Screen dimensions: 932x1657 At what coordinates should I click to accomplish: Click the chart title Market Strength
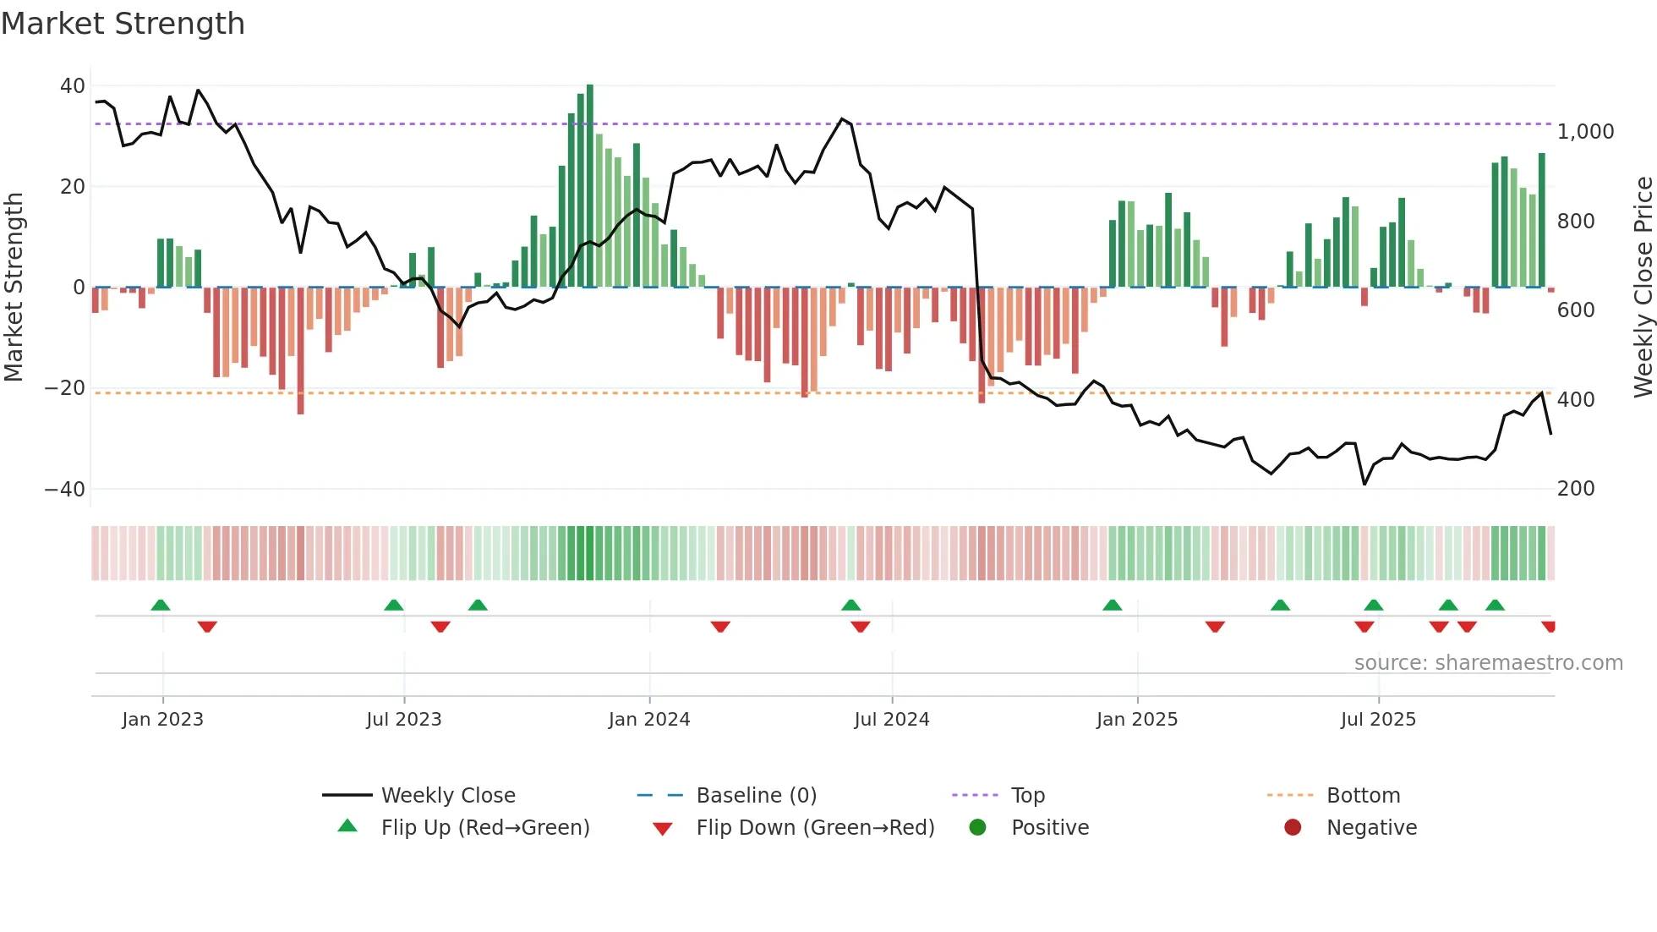tap(123, 24)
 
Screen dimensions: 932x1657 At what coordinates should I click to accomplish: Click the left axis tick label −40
tap(64, 490)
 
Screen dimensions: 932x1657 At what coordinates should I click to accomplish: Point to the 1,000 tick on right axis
tap(1585, 132)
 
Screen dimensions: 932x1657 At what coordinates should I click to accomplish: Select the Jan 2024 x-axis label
tap(648, 720)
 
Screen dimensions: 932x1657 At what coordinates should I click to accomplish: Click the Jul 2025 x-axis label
tap(1377, 720)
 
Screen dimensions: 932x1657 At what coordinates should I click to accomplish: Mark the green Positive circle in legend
tap(978, 828)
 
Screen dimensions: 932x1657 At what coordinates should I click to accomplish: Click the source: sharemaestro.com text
tap(1488, 663)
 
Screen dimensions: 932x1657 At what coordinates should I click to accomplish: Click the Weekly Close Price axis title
tap(1643, 288)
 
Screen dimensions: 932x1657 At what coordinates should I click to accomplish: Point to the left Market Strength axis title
tap(14, 288)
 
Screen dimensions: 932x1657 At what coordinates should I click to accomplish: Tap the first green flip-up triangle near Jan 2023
tap(161, 605)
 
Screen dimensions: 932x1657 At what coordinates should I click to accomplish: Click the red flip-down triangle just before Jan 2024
tap(720, 627)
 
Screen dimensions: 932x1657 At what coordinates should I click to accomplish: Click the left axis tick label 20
tap(72, 187)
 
